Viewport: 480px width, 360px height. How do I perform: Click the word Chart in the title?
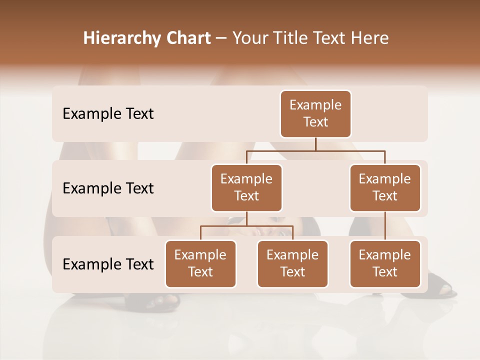186,38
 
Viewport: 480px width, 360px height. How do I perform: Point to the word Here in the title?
370,38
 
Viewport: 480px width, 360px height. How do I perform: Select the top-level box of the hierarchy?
315,113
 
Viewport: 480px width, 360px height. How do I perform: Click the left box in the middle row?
246,187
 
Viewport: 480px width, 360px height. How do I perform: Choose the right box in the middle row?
385,187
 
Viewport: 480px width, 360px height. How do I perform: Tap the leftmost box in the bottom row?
200,263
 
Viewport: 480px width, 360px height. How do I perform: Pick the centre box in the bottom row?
292,263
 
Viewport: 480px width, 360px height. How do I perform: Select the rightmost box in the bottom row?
385,263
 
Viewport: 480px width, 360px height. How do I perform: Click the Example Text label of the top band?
108,114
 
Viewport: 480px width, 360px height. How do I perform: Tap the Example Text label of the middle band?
108,188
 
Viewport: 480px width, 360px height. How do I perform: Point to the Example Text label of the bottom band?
108,264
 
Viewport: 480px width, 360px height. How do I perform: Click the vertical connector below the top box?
315,144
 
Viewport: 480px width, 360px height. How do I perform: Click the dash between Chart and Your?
221,38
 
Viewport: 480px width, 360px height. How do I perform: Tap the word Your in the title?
249,38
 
